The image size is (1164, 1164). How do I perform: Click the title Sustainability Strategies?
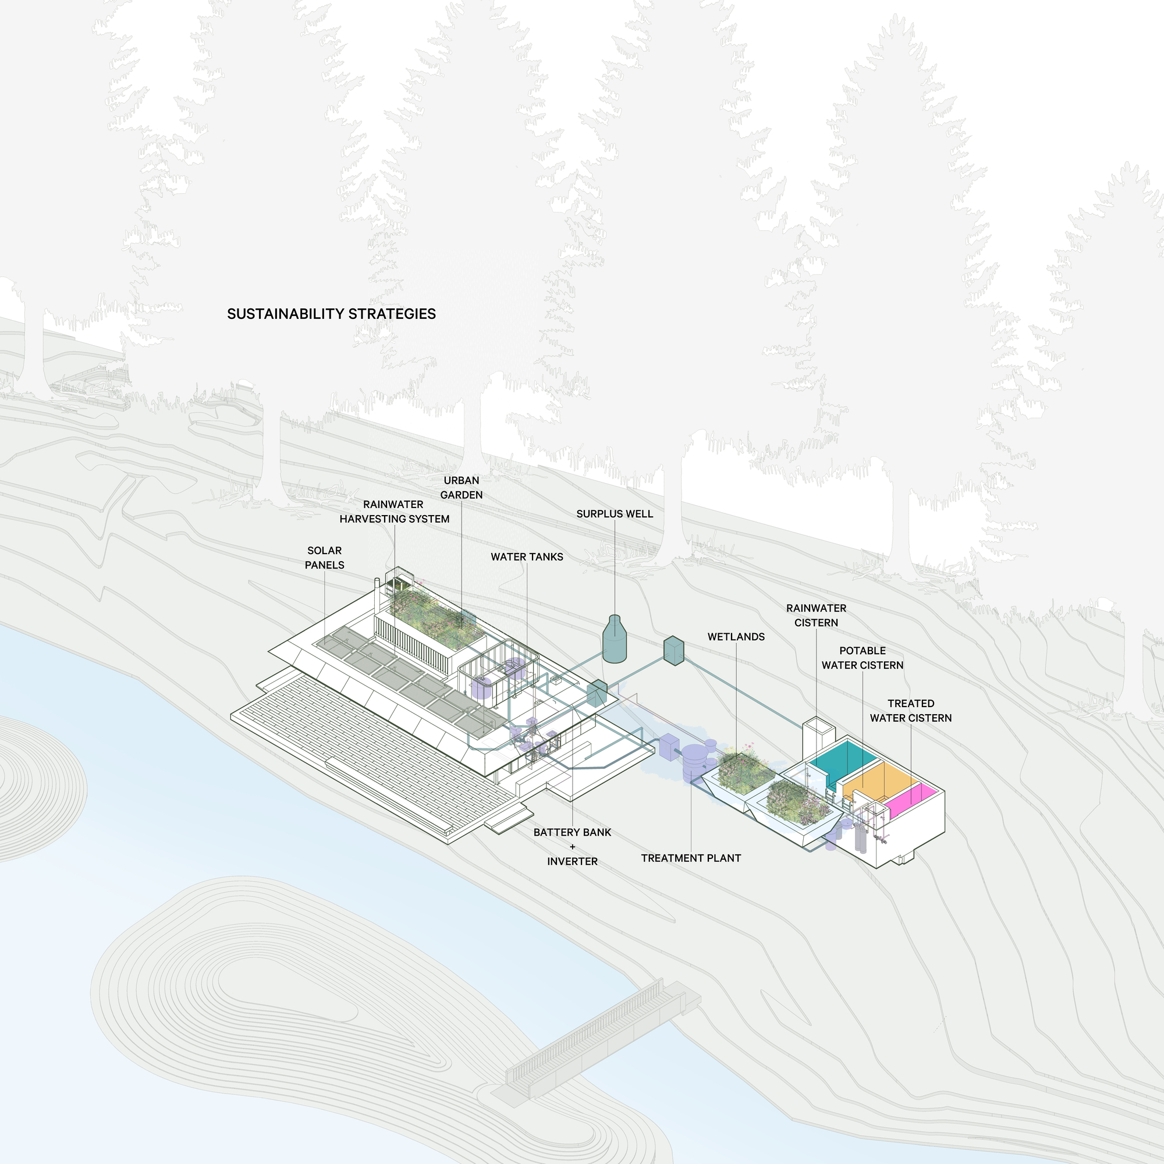(331, 314)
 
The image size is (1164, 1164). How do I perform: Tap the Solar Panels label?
(324, 558)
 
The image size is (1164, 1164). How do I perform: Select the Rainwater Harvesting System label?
(394, 512)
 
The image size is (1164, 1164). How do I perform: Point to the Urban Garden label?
(462, 487)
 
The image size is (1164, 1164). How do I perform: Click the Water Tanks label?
(527, 557)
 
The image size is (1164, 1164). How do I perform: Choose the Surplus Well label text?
(615, 514)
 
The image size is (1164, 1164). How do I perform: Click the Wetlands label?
(736, 637)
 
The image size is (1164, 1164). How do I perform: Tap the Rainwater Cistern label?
(816, 615)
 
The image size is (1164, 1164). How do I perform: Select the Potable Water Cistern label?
(862, 658)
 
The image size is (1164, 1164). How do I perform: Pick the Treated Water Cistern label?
(910, 711)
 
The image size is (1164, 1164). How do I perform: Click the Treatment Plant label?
(690, 858)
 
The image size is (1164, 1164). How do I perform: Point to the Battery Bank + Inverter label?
(572, 846)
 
